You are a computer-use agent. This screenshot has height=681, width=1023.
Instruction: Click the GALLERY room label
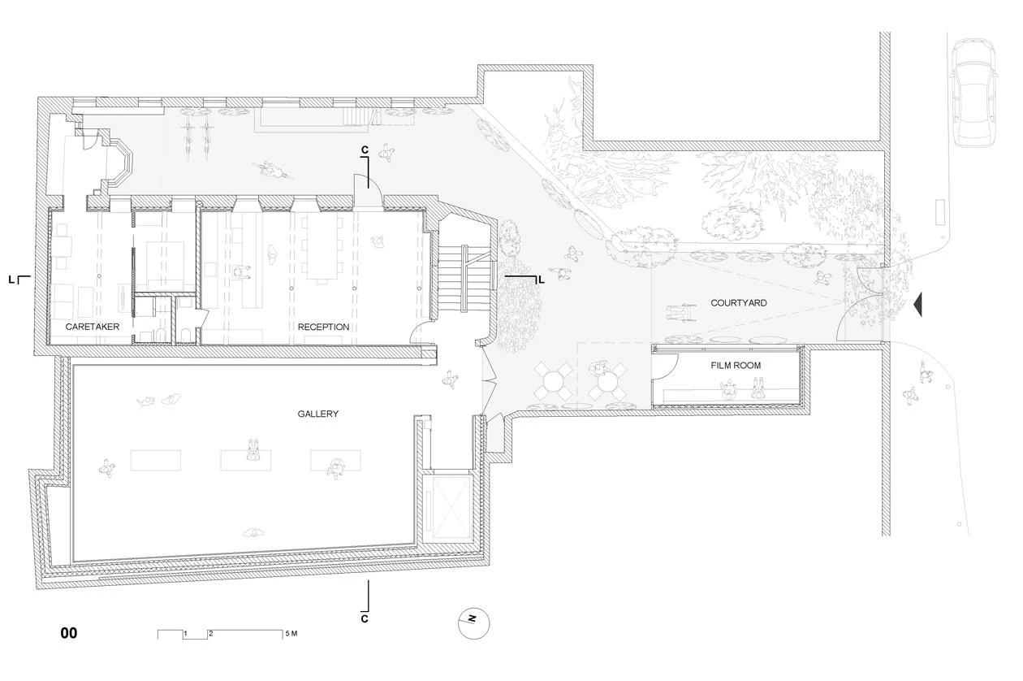tap(317, 414)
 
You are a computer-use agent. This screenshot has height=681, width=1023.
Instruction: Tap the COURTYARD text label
tap(739, 303)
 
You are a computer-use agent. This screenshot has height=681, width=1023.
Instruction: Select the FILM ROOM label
tap(736, 366)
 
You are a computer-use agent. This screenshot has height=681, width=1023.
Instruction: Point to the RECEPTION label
tap(323, 327)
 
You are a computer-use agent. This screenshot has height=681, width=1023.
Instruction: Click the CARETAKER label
tap(93, 327)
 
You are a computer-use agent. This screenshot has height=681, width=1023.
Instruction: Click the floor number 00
tap(69, 633)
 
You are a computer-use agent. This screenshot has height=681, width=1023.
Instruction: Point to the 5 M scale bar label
tap(291, 633)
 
